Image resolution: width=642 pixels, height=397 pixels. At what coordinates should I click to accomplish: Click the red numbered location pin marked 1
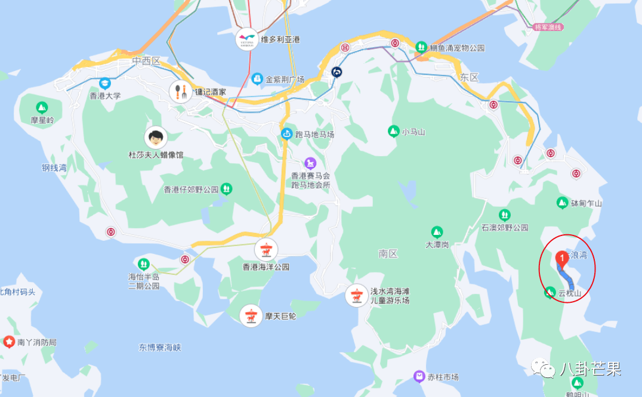click(561, 258)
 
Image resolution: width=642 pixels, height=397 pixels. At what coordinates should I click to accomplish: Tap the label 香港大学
click(105, 95)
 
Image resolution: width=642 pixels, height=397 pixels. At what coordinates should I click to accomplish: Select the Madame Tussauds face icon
click(156, 138)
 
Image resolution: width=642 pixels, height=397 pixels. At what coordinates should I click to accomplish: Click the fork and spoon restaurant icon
click(181, 92)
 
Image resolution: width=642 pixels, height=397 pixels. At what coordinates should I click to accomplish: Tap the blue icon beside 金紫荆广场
click(257, 79)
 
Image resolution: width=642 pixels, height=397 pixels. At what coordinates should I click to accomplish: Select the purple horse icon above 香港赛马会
click(310, 163)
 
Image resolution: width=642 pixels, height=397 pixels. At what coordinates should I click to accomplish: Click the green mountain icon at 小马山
click(393, 131)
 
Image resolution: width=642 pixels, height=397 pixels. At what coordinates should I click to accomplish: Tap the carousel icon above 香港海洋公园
click(266, 249)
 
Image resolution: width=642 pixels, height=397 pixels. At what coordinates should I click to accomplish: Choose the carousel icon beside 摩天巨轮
click(251, 316)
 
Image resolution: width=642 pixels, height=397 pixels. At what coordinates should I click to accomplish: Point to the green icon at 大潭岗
click(437, 231)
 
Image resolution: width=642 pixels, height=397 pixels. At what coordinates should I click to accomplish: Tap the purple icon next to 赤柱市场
click(419, 376)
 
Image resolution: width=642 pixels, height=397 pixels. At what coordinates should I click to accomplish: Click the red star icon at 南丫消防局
click(9, 342)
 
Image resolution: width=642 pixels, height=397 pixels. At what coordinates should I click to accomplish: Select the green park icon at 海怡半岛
click(143, 263)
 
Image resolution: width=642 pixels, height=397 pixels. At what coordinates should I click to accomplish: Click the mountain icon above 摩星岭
click(42, 107)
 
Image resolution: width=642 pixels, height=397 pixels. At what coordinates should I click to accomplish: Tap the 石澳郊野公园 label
click(505, 228)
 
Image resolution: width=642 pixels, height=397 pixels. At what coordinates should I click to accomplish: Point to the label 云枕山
click(569, 293)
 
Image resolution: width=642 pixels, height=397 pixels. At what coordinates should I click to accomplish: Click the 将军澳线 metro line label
click(548, 27)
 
